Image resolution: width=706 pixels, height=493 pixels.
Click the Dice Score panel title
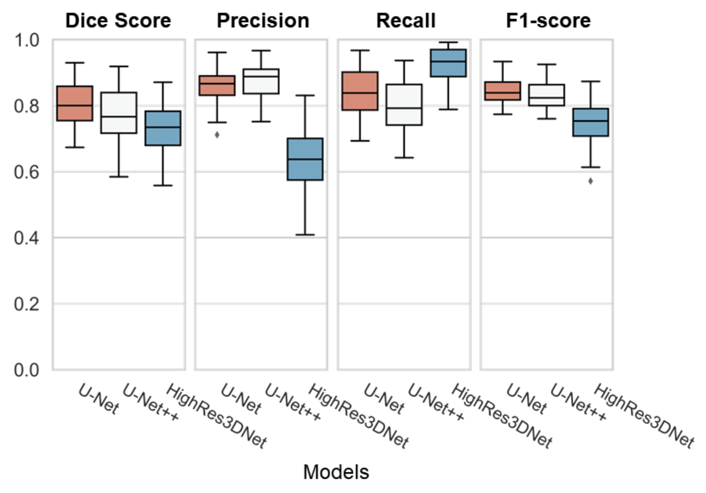pos(118,21)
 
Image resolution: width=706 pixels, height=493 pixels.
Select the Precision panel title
pos(263,21)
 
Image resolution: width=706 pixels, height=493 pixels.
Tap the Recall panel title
pos(406,21)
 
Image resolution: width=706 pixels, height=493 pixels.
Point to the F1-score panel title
pos(548,21)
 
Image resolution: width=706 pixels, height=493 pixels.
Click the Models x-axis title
pos(336,472)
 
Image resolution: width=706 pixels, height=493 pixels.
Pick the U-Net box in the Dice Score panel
pos(75,103)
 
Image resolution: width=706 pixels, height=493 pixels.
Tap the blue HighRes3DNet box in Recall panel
pos(448,63)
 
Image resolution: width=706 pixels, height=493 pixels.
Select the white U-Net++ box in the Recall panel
pos(404,105)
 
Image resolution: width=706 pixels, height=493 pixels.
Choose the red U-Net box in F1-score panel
pos(503,91)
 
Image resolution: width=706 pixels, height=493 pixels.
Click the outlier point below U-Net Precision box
pos(217,135)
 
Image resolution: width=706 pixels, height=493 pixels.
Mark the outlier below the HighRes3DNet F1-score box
pos(590,181)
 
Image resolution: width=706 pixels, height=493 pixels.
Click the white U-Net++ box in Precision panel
pos(261,81)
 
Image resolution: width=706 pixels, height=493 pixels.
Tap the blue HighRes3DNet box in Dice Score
pos(163,128)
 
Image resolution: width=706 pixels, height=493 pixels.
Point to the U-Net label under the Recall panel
pos(384,399)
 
